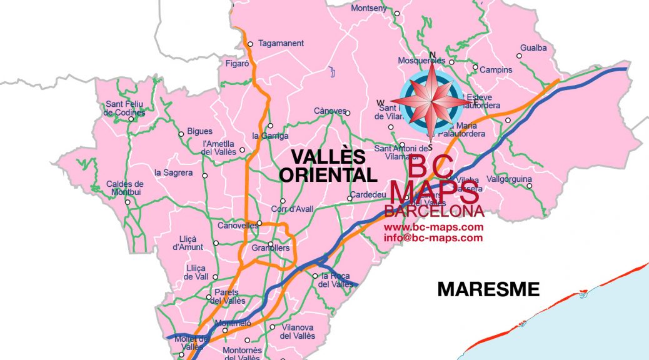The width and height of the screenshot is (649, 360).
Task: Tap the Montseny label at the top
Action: (x=369, y=8)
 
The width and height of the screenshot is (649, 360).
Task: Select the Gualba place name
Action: (x=533, y=47)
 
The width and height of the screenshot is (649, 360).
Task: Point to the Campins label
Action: (x=496, y=70)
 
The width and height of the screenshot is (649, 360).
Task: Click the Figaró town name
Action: (x=237, y=63)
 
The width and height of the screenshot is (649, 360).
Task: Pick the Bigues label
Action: (x=200, y=131)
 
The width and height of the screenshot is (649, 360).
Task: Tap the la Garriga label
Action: (x=270, y=136)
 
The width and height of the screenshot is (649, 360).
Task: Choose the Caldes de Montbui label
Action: (x=125, y=188)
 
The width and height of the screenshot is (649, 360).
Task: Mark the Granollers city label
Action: (x=270, y=248)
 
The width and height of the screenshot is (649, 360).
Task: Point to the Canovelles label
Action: (x=238, y=226)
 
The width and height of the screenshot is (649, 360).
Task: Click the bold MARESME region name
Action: (x=488, y=289)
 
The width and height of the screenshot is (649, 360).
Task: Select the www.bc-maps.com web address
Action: (x=433, y=227)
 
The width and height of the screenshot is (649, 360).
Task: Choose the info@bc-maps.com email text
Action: (x=433, y=237)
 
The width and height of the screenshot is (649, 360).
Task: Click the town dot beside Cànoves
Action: (x=348, y=113)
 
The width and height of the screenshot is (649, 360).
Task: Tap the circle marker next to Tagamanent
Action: (x=249, y=44)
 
